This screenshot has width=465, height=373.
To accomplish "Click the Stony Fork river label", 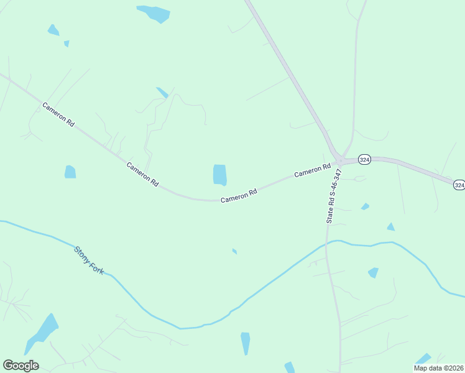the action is tap(89, 260).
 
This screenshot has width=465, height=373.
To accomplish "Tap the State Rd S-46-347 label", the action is tap(333, 196).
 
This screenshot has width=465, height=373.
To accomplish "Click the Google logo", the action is tap(21, 366).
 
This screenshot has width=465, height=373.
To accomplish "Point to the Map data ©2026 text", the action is tap(438, 368).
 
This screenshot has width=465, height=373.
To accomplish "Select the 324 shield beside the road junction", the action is tap(364, 160).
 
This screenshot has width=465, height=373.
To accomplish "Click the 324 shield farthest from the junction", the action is tap(459, 185).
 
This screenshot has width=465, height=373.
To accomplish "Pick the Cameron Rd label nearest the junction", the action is tap(312, 170).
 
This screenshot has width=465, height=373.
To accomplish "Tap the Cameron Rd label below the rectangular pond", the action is tap(239, 196).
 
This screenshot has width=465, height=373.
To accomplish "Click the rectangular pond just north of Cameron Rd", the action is tap(220, 175).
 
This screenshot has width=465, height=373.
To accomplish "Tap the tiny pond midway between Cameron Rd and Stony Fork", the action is tap(234, 251).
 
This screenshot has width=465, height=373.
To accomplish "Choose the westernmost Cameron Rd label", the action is tap(58, 115).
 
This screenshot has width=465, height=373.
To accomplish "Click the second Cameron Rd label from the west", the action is tap(142, 175).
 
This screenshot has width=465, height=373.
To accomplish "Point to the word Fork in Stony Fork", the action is tap(97, 268).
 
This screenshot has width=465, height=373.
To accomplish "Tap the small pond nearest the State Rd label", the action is tap(365, 206).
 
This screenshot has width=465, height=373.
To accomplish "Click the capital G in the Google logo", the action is tap(8, 365).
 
